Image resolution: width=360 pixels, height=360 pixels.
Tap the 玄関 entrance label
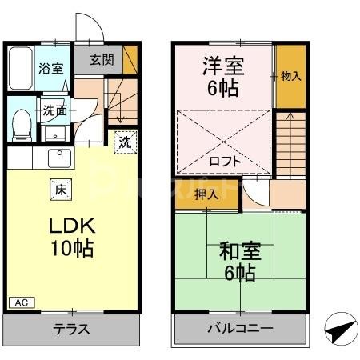[x=102, y=59]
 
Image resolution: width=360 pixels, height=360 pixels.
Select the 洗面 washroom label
[x=54, y=110]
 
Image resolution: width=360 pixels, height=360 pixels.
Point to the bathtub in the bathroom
[x=22, y=70]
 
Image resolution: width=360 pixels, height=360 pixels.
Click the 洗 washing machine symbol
[x=126, y=143]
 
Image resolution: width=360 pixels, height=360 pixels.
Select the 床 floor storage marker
[x=61, y=189]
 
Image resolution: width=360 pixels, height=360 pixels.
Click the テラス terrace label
[x=71, y=329]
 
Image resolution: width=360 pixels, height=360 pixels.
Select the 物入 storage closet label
[x=290, y=76]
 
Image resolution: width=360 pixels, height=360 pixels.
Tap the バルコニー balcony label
[x=241, y=329]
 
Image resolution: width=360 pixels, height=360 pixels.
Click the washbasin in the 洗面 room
[x=55, y=132]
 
